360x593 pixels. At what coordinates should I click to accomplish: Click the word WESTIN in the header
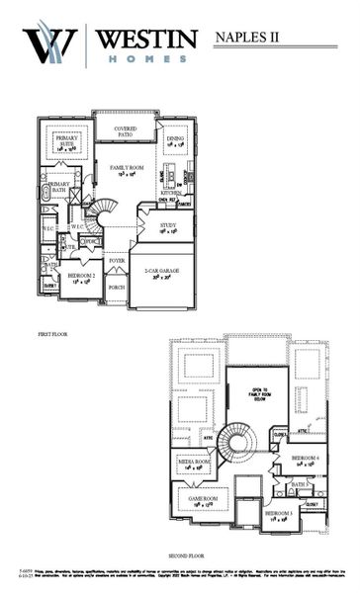click(x=146, y=37)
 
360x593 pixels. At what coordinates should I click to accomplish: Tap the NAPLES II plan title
click(x=247, y=38)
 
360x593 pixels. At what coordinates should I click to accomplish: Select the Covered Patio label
click(x=125, y=132)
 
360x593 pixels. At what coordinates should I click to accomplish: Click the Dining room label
click(x=176, y=141)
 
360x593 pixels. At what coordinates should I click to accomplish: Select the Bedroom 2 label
click(x=81, y=278)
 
